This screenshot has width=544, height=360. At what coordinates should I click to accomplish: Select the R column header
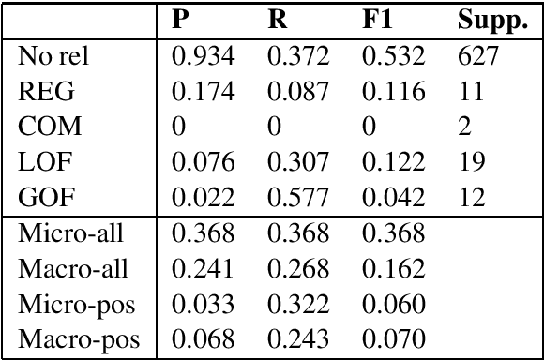[278, 20]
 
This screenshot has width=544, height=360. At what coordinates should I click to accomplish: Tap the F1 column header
[378, 20]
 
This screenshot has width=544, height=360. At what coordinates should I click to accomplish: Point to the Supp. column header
[491, 21]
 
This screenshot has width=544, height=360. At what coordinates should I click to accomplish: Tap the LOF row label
[39, 162]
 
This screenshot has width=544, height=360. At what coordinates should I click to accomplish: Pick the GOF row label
[40, 196]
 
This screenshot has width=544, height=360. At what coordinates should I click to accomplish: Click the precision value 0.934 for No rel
[202, 59]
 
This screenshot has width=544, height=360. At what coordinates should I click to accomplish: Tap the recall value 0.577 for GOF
[298, 196]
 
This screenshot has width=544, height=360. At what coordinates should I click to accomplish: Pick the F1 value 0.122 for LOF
[395, 162]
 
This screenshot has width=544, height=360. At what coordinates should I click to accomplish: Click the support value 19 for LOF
[471, 162]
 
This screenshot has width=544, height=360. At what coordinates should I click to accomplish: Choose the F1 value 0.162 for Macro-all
[395, 269]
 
